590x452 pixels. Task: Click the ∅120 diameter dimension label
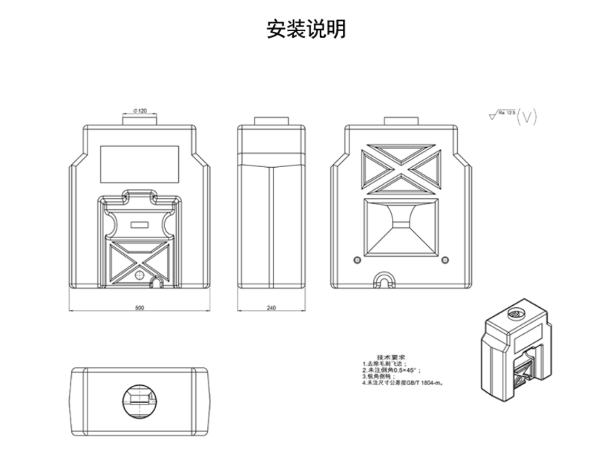coord(139,111)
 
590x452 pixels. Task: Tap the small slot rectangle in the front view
coord(140,223)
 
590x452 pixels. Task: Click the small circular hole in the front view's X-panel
coord(142,272)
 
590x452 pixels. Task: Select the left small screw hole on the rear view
coord(357,260)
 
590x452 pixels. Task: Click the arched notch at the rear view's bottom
coord(384,280)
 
